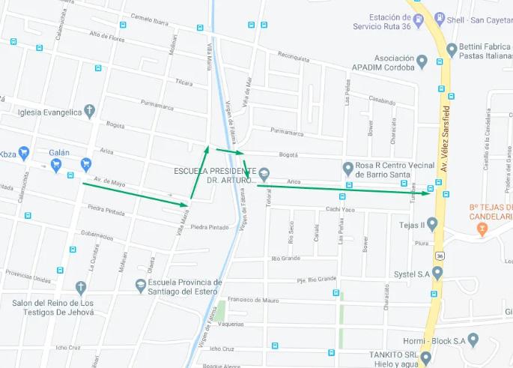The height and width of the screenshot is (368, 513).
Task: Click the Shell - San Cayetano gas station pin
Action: click(x=440, y=19)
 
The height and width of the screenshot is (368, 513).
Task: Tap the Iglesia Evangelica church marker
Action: click(x=89, y=112)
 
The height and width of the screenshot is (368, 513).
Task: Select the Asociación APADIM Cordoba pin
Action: click(x=422, y=61)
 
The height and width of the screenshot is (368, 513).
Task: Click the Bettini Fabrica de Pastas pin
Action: click(x=452, y=50)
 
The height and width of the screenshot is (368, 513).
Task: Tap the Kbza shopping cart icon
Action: click(x=24, y=153)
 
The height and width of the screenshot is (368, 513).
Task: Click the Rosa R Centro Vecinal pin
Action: click(x=347, y=168)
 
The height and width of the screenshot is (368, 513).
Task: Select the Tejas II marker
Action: click(x=431, y=224)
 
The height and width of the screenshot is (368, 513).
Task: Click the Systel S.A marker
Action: click(x=437, y=273)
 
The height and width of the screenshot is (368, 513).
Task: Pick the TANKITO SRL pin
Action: click(x=425, y=358)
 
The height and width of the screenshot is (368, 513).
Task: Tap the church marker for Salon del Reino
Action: click(x=81, y=287)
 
